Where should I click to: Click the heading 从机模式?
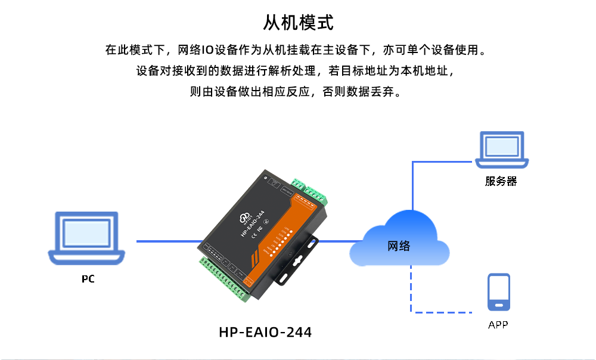point(298,23)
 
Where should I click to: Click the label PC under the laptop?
point(88,279)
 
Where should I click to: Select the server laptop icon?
point(502,150)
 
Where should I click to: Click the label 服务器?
point(501,182)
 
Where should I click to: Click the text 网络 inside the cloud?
point(399,246)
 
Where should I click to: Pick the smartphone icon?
point(499,292)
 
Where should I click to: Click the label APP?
point(498,325)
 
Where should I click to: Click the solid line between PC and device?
point(170,241)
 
